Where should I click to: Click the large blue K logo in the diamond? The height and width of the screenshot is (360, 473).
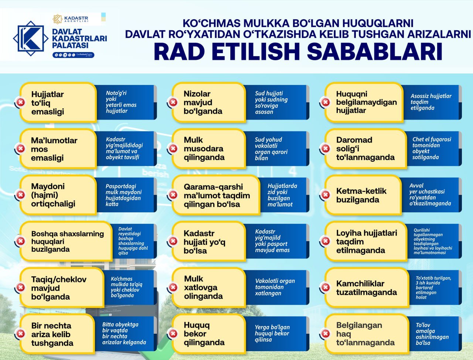(31, 38)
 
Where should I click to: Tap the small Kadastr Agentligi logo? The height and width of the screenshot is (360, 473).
(71, 19)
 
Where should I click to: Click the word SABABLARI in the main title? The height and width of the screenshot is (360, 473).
(374, 52)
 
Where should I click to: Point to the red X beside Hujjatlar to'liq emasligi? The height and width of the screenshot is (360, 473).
(21, 102)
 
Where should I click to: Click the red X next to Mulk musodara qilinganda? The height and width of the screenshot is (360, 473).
(173, 148)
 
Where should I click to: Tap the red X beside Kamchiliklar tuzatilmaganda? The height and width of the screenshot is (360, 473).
(326, 287)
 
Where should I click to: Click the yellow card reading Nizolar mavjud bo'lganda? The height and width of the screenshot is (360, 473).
(209, 102)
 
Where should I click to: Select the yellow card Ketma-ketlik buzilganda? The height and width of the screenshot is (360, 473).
(363, 195)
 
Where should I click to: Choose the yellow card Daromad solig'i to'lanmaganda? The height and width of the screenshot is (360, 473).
(365, 148)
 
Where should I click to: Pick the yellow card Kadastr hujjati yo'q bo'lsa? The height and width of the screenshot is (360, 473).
(209, 241)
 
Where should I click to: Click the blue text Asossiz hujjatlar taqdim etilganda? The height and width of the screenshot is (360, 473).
(431, 102)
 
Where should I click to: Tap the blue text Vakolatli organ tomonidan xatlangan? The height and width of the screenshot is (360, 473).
(275, 287)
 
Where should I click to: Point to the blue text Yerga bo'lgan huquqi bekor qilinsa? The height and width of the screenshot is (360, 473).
(272, 333)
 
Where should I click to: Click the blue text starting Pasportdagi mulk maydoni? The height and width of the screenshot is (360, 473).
(123, 195)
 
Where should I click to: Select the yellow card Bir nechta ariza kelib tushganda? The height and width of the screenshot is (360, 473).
(57, 334)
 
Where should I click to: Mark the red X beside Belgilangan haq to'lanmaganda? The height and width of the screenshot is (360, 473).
(326, 333)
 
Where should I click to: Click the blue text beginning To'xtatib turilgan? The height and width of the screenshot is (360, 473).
(433, 287)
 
